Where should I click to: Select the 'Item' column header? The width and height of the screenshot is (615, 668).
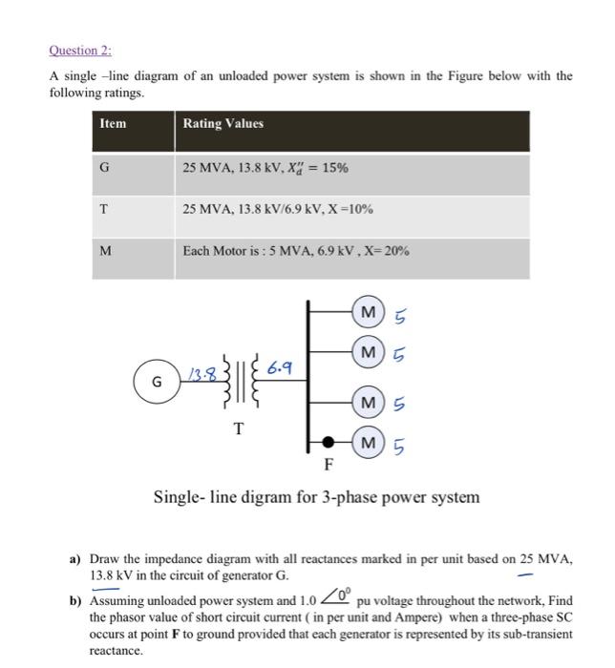[113, 124]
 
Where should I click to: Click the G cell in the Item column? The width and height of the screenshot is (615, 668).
[104, 168]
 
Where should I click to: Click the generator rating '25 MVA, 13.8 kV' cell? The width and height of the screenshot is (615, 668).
[265, 168]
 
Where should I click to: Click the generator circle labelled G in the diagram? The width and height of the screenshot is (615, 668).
[157, 382]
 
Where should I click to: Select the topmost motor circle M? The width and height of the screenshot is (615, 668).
[368, 311]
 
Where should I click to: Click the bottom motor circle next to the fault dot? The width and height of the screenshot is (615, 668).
[368, 443]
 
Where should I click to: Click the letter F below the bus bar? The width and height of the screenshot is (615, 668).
[328, 467]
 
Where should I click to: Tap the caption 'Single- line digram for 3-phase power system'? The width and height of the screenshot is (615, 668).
[317, 497]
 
